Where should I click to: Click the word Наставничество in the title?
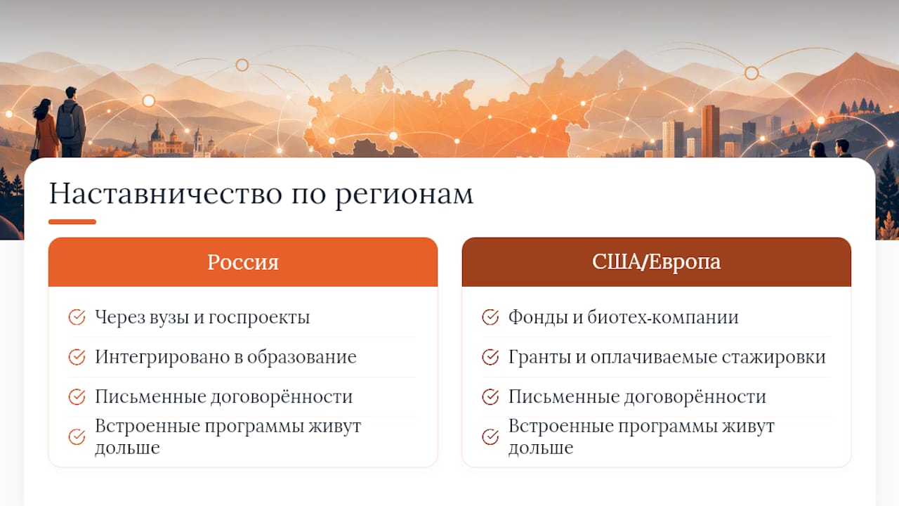(x=166, y=194)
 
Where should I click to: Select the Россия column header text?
(x=243, y=262)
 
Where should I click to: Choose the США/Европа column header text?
(x=656, y=262)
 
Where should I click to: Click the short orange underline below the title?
(x=72, y=221)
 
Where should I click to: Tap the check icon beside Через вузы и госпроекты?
(x=77, y=317)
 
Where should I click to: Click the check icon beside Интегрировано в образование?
(x=77, y=356)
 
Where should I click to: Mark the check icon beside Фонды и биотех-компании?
(x=490, y=317)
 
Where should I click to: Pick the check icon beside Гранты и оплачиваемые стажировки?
(x=490, y=356)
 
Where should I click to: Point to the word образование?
(x=302, y=357)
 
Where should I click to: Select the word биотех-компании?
(x=663, y=317)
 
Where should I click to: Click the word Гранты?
(x=539, y=357)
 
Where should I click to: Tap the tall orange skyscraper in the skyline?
(x=710, y=131)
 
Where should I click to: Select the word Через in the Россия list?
(x=119, y=318)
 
